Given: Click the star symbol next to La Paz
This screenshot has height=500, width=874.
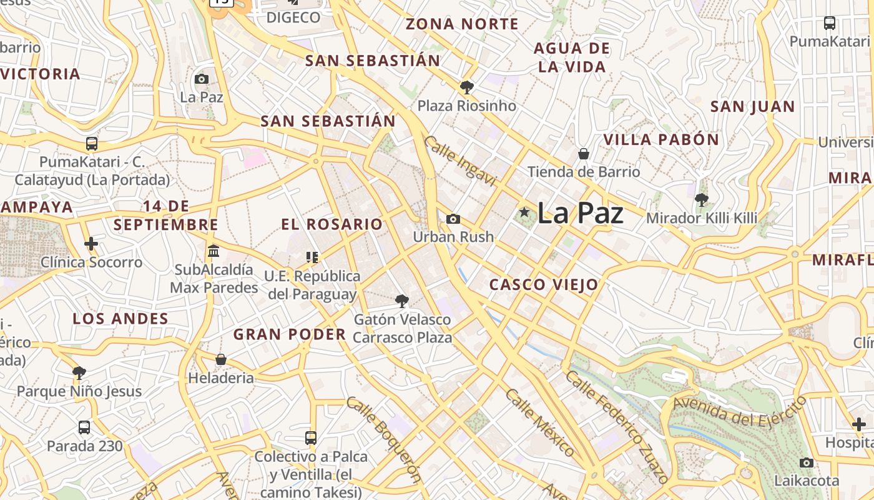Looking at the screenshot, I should [x=524, y=212].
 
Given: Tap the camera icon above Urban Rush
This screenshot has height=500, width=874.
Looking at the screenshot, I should [x=453, y=219].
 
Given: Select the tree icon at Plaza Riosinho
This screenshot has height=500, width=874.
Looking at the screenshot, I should [x=466, y=87].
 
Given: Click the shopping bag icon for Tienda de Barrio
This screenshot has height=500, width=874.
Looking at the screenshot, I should [x=584, y=153].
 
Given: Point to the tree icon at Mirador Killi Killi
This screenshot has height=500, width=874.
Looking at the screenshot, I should [x=702, y=200].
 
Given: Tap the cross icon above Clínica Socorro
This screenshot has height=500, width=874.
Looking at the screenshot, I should [x=91, y=243].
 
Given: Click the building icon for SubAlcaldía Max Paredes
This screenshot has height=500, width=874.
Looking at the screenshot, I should [x=214, y=251].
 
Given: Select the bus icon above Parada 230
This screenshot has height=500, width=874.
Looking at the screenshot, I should [x=84, y=427].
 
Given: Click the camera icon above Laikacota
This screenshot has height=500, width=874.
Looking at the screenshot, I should [x=807, y=462].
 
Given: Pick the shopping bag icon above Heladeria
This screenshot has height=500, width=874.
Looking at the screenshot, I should [x=220, y=359].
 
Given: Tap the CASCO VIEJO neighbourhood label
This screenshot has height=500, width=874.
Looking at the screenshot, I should [x=544, y=285].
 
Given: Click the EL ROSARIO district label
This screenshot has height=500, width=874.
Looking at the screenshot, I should [x=331, y=224].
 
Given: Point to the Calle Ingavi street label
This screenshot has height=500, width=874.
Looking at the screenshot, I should [x=460, y=161].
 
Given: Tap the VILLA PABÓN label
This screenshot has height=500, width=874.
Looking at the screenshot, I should [x=661, y=139].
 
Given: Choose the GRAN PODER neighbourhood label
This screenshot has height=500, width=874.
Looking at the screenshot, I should [x=290, y=334].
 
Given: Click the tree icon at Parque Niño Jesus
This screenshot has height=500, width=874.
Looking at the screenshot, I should [x=79, y=373].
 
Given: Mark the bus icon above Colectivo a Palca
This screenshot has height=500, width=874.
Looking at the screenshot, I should [x=311, y=437].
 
